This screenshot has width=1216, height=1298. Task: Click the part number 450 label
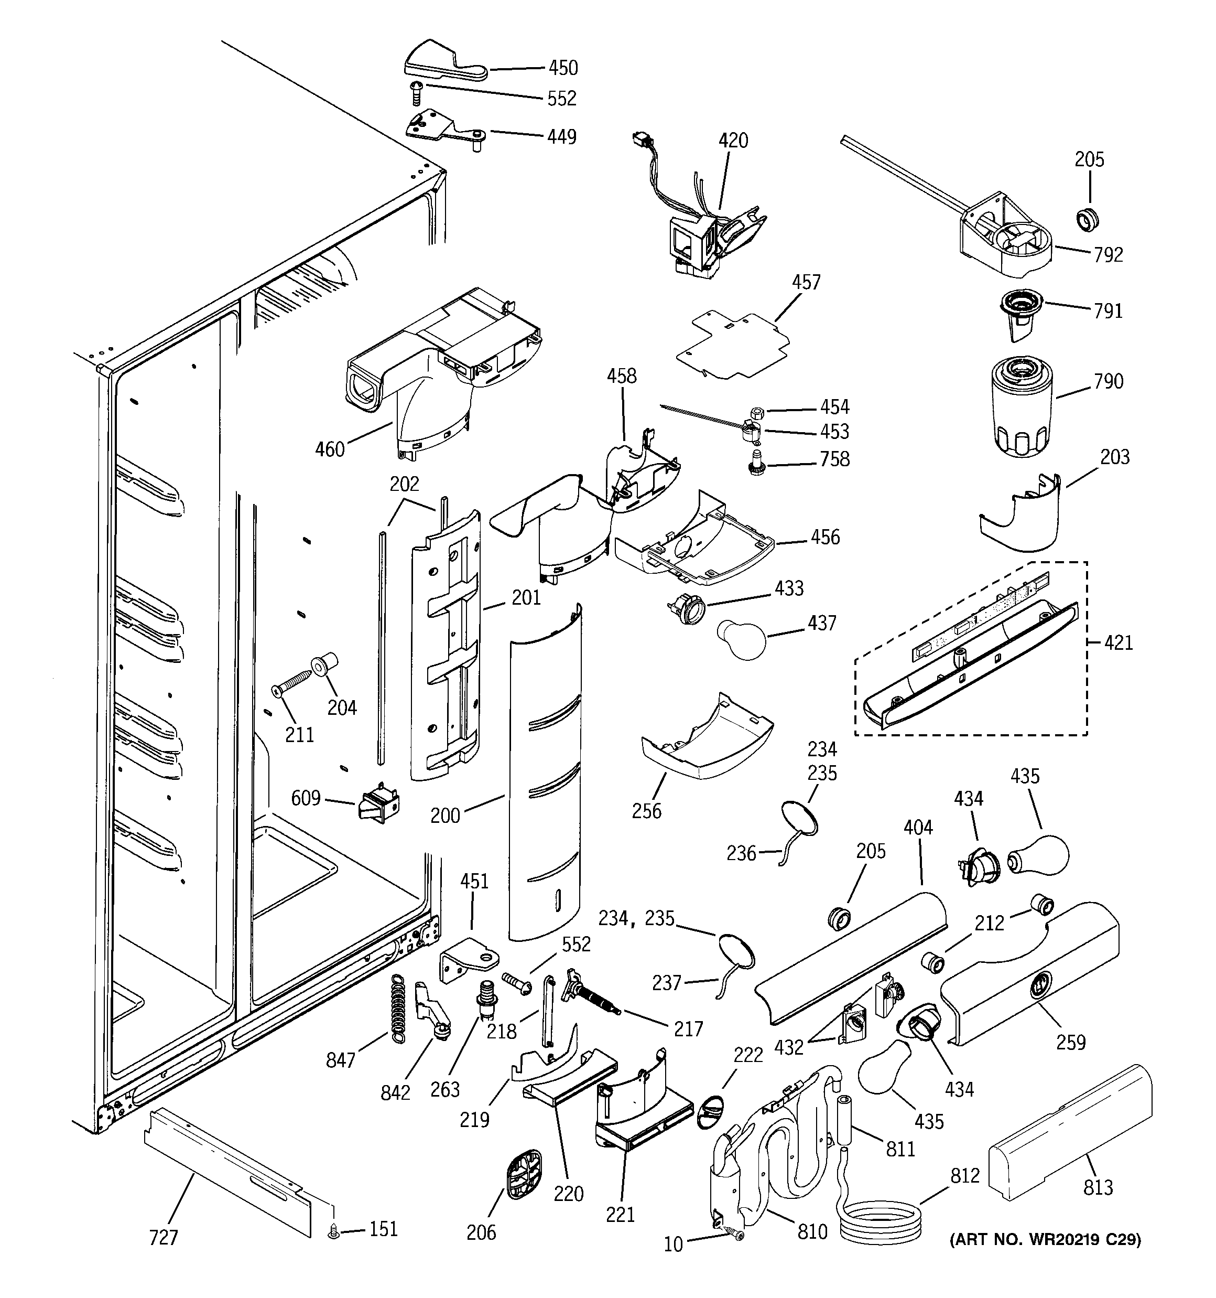[562, 68]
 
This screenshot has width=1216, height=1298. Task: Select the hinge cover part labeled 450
[443, 61]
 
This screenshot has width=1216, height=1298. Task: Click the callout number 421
[1119, 642]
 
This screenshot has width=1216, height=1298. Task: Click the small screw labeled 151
[335, 1231]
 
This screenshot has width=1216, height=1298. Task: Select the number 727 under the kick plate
[163, 1237]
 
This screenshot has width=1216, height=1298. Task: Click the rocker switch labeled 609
[378, 808]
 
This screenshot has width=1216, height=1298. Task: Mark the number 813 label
[1098, 1187]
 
